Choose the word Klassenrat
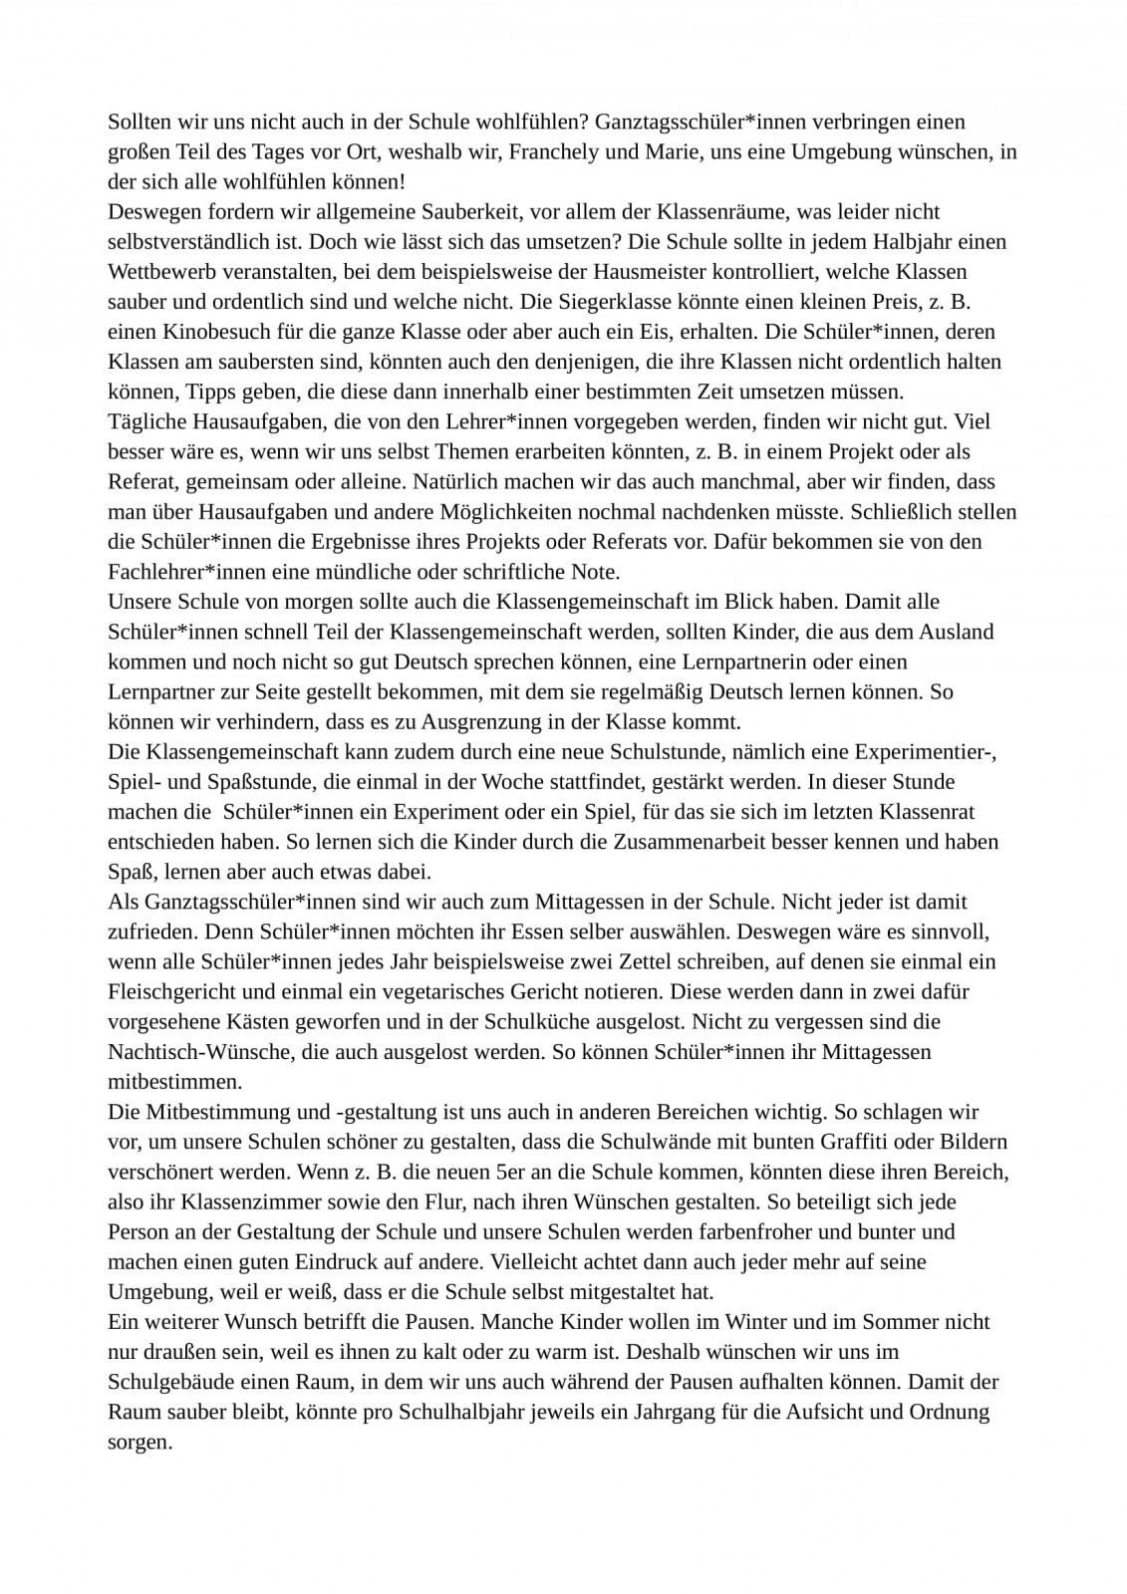pos(938,811)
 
